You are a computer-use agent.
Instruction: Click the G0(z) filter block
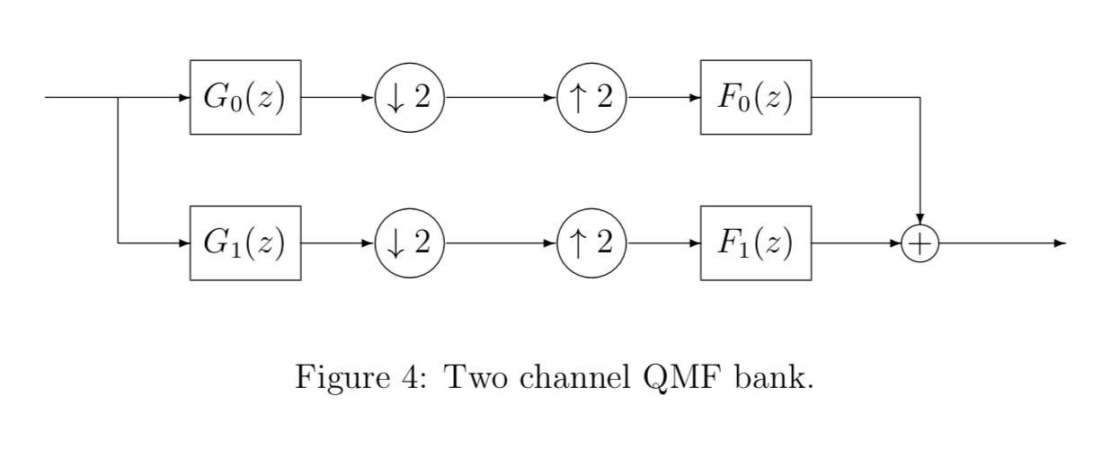pos(244,97)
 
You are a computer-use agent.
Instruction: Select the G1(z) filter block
pos(244,242)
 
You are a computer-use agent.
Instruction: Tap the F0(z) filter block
pos(755,97)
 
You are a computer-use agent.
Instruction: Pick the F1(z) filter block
pos(755,242)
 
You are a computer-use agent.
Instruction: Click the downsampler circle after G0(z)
pos(409,97)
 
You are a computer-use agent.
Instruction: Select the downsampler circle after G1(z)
pos(409,242)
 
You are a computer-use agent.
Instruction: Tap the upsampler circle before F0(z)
pos(591,97)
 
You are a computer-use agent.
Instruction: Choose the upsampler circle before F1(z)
pos(591,242)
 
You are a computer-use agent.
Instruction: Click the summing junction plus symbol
pos(920,243)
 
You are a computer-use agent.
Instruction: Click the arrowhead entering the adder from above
pos(920,219)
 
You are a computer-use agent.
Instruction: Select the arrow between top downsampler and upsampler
pos(500,97)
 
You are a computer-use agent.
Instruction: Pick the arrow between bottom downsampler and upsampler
pos(500,242)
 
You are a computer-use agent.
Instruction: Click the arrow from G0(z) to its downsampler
pos(337,97)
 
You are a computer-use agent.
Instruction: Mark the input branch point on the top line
pos(119,97)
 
